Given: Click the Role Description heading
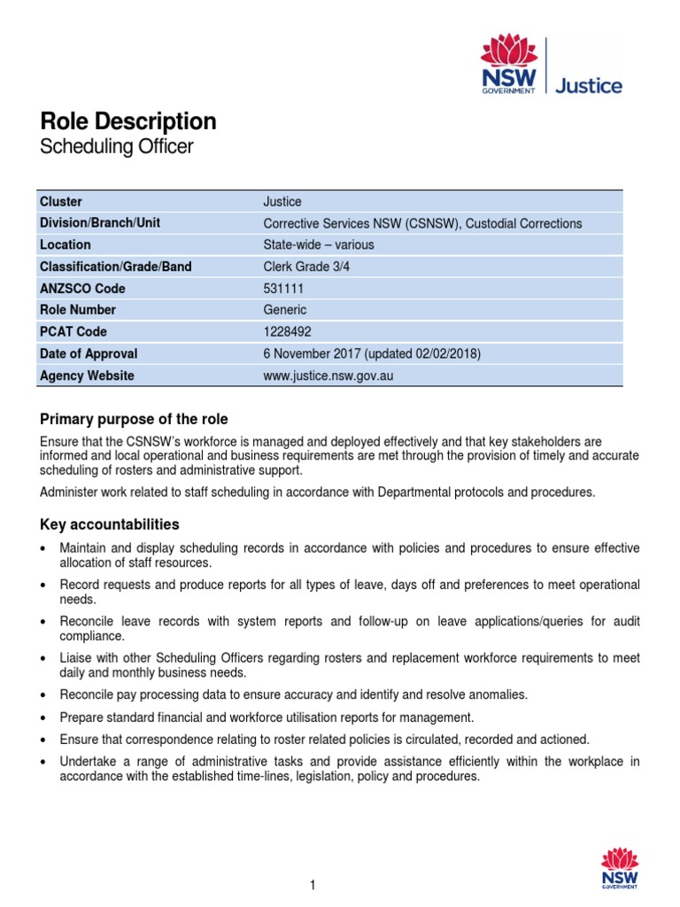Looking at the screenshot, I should (128, 121).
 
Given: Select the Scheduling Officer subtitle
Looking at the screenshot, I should (116, 147).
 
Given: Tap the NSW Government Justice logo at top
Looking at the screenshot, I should (551, 65).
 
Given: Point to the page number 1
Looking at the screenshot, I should (313, 885).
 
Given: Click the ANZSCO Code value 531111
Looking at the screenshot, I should (283, 288).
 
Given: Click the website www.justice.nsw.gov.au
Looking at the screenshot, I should (328, 376).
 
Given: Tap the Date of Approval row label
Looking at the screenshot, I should (89, 353).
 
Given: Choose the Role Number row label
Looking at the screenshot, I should (78, 310).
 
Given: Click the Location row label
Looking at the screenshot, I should (66, 244).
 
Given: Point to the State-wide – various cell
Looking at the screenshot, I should (319, 244).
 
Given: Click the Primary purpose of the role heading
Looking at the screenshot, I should (134, 419).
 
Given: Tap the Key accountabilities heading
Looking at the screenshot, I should (110, 524).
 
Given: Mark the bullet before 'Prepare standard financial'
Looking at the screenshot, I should (45, 717).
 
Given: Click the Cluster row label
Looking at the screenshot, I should (61, 201).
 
